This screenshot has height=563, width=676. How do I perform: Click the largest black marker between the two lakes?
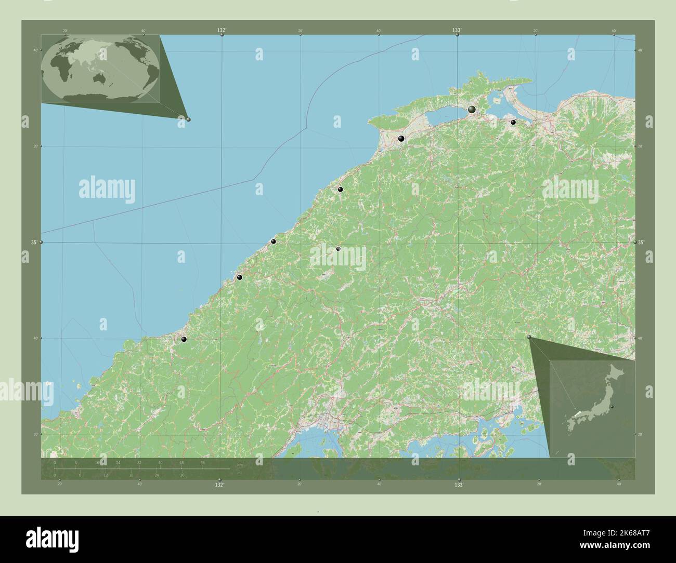pyautogui.click(x=472, y=110)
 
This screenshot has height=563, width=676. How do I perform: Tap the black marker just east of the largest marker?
pyautogui.click(x=513, y=122)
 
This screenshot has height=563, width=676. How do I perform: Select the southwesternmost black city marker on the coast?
pyautogui.click(x=184, y=339)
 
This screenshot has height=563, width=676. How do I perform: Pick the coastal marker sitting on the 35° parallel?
pyautogui.click(x=273, y=242)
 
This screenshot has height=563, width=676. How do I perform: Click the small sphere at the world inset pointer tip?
pyautogui.click(x=188, y=119)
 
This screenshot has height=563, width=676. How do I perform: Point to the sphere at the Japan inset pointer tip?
pyautogui.click(x=529, y=338)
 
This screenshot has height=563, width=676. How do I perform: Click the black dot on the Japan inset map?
pyautogui.click(x=612, y=406)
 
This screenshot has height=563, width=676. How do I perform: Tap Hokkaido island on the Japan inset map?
pyautogui.click(x=616, y=371)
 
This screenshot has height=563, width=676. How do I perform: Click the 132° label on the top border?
pyautogui.click(x=222, y=31)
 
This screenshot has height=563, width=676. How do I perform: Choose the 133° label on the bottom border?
pyautogui.click(x=459, y=485)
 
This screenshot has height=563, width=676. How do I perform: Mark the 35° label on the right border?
pyautogui.click(x=641, y=242)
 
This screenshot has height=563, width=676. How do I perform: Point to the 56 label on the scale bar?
pyautogui.click(x=202, y=462)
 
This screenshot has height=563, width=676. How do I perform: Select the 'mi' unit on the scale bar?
pyautogui.click(x=239, y=474)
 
